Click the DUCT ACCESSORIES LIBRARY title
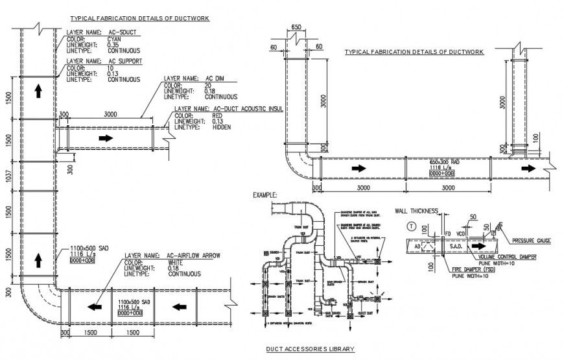tap(310, 349)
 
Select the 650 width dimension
tap(296, 27)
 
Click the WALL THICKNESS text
tap(417, 210)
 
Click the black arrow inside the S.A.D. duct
tap(478, 246)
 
